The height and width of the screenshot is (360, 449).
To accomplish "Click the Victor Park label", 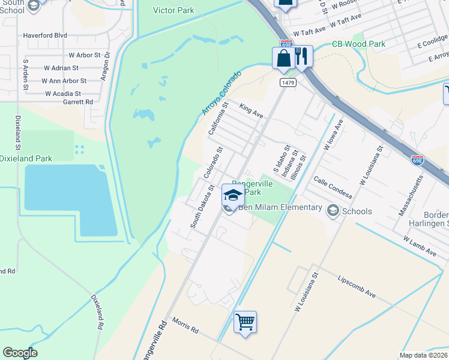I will click(173, 10).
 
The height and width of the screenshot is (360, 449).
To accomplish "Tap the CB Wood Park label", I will click(358, 44).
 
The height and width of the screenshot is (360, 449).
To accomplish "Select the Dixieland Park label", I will click(26, 158).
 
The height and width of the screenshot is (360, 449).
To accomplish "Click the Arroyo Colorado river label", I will click(221, 93).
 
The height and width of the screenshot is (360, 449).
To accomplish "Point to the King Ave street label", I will click(252, 110).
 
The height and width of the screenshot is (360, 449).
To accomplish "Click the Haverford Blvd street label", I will click(45, 35).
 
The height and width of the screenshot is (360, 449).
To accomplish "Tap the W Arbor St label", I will click(80, 55).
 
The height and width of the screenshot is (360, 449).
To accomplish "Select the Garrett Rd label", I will click(78, 102).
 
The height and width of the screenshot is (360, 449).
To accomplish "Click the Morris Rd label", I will click(185, 325).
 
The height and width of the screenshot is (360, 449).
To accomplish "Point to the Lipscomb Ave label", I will click(357, 287).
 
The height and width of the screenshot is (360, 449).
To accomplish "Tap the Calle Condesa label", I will click(332, 188).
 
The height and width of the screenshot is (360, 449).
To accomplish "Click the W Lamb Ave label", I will click(420, 247).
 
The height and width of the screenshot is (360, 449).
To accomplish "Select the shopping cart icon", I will click(245, 322).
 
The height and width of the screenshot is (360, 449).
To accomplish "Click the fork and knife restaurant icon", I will click(302, 57).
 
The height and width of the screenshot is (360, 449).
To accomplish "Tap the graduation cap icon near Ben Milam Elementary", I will click(233, 195).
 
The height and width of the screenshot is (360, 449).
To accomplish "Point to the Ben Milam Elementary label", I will click(280, 208).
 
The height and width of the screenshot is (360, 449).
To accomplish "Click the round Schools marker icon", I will click(333, 211).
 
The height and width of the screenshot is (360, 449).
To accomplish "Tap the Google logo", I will click(20, 353).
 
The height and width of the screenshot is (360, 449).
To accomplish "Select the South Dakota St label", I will click(202, 206).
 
